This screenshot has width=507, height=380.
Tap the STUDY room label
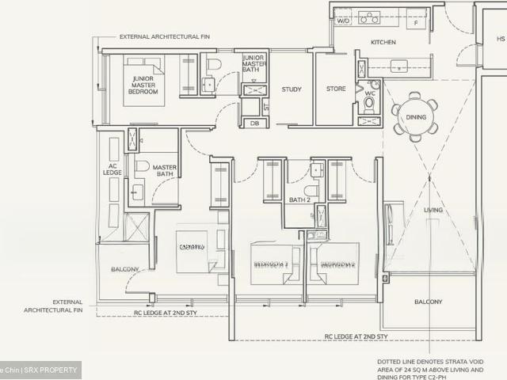[292, 89]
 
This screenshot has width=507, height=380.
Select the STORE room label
[336, 89]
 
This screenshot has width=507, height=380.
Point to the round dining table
[416, 117]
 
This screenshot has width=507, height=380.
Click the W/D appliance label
[343, 21]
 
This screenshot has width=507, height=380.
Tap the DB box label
[254, 123]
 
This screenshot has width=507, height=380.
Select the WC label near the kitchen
[369, 93]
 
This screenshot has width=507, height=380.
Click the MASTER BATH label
[164, 171]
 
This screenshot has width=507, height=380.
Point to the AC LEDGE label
[113, 170]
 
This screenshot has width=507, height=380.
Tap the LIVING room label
[433, 210]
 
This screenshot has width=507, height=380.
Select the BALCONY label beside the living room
[428, 302]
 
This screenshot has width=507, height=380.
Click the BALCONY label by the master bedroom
[124, 269]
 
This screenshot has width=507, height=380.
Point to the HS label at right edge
[500, 38]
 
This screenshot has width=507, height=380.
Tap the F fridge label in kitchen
[417, 23]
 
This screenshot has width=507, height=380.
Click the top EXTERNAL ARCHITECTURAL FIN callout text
[163, 36]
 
